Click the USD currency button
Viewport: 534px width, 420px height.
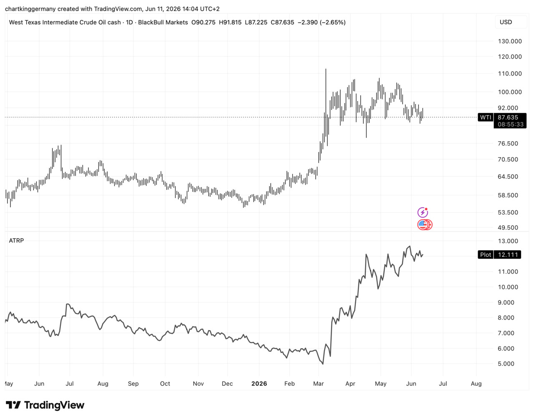pyautogui.click(x=506, y=22)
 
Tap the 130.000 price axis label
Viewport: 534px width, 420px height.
pyautogui.click(x=510, y=41)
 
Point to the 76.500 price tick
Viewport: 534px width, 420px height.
pyautogui.click(x=508, y=143)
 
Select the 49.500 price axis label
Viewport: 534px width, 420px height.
pyautogui.click(x=508, y=228)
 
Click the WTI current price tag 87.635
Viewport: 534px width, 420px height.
pyautogui.click(x=508, y=117)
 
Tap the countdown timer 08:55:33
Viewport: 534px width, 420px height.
pyautogui.click(x=510, y=125)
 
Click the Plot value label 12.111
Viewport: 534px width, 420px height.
pyautogui.click(x=508, y=255)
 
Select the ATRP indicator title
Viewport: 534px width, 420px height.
pyautogui.click(x=16, y=240)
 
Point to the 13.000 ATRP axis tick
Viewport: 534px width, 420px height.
pyautogui.click(x=508, y=241)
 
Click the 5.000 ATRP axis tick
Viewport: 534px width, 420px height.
pyautogui.click(x=506, y=364)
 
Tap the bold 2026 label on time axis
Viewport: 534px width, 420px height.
pyautogui.click(x=259, y=384)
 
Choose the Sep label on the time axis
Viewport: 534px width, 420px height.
pyautogui.click(x=133, y=384)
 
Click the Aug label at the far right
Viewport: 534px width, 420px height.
pyautogui.click(x=476, y=384)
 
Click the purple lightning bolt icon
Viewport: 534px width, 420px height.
pyautogui.click(x=423, y=212)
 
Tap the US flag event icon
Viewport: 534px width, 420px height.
pyautogui.click(x=423, y=225)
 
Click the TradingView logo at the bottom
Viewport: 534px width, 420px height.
pyautogui.click(x=45, y=405)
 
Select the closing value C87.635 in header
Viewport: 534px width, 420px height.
pyautogui.click(x=282, y=23)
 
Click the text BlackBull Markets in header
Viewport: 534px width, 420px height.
pyautogui.click(x=163, y=23)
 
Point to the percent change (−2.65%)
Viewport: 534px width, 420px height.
pyautogui.click(x=332, y=23)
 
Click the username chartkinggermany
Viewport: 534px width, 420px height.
pyautogui.click(x=30, y=9)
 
